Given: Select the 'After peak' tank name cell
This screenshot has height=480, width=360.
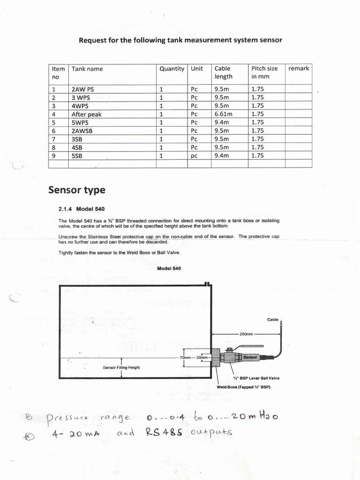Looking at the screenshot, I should [x=86, y=114].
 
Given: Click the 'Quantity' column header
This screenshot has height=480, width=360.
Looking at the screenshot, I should [x=172, y=69].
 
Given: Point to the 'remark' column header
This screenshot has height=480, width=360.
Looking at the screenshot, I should [x=299, y=68].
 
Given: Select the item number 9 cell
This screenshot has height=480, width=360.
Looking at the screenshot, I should [x=54, y=156].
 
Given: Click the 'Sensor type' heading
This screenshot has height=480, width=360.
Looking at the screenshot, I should [x=76, y=190].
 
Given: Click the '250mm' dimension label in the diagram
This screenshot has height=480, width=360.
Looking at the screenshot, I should [x=246, y=335].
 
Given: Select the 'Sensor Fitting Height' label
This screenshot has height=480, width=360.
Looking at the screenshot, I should [x=121, y=367].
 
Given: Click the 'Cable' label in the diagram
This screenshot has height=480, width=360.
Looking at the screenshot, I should [x=273, y=320].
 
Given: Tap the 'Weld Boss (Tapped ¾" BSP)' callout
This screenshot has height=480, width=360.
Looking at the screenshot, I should [x=244, y=387].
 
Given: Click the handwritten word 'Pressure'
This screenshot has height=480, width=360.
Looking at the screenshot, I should [x=67, y=418].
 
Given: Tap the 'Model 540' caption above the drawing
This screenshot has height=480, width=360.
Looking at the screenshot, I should [x=169, y=268].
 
